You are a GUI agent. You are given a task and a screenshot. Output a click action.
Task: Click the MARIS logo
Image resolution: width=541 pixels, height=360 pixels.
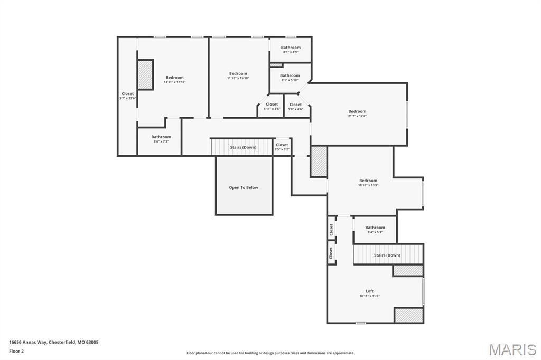click(512, 349)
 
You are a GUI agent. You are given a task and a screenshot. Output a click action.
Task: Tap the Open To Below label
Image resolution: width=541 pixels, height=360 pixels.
click(244, 187)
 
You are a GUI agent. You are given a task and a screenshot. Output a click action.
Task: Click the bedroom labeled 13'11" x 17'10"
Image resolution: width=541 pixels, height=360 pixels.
click(174, 79)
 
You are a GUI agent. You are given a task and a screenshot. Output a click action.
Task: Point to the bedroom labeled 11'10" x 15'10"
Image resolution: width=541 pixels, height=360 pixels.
click(238, 75)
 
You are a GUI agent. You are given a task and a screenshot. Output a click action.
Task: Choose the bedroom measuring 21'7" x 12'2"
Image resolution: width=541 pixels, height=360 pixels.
click(357, 113)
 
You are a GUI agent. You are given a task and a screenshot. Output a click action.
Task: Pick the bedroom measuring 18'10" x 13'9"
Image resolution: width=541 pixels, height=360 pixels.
click(368, 183)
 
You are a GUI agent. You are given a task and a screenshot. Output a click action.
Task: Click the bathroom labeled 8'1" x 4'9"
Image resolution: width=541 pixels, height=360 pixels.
click(291, 50)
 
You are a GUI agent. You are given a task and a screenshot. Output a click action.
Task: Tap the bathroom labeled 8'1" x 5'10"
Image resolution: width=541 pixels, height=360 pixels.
click(290, 78)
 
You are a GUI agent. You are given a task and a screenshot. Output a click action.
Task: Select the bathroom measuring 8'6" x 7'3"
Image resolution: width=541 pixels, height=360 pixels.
click(161, 139)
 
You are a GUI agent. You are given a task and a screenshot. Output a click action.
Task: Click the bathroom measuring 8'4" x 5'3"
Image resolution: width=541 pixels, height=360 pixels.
click(375, 230)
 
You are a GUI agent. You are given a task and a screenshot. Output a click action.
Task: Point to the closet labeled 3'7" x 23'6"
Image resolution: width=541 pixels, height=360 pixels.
click(128, 96)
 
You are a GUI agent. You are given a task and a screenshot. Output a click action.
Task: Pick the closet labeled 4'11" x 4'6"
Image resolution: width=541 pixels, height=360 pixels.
click(272, 107)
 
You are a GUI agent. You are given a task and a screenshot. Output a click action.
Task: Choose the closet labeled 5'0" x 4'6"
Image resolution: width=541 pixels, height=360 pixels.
click(295, 107)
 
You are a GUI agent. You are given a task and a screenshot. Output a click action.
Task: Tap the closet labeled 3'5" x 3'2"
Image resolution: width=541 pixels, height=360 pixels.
click(282, 147)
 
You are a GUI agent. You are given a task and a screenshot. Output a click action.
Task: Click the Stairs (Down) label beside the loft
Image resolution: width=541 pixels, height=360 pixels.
click(387, 255)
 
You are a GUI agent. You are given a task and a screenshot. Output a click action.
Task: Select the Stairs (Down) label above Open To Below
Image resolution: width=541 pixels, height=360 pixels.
click(243, 147)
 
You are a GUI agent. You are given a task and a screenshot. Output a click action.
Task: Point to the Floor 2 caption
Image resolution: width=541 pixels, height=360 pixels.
click(16, 350)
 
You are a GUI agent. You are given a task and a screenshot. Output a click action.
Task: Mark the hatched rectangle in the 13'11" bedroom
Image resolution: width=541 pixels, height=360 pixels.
click(145, 74)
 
